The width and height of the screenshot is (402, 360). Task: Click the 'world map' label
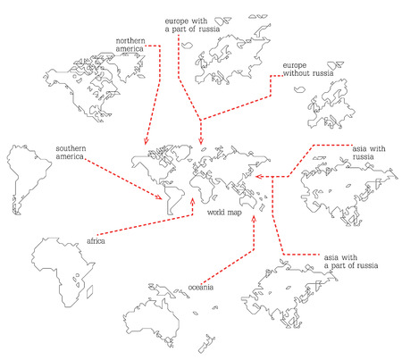tap(224, 213)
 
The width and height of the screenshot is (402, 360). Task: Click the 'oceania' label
tap(200, 287)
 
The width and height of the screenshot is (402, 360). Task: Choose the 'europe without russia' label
tap(306, 71)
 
